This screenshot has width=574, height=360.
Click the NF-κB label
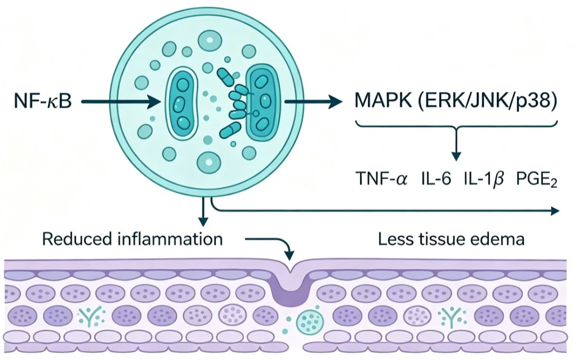43,101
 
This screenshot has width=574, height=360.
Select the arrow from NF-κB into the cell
121,101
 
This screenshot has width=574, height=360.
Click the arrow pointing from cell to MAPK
312,101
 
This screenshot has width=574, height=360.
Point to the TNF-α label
382,179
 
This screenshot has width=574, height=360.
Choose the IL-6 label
436,179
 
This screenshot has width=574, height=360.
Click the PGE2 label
536,180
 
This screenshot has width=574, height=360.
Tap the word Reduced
77,239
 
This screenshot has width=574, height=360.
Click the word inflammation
170,239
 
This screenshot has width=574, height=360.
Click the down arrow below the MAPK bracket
456,144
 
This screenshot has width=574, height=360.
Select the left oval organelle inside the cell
181,103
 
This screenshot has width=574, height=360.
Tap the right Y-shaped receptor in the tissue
452,317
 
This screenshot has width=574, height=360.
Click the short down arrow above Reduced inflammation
203,213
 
